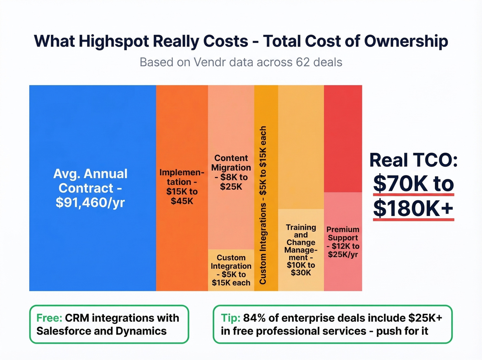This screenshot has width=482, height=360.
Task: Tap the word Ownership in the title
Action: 406,41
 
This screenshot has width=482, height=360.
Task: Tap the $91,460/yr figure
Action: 90,203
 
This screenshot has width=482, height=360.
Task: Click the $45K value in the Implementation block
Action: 182,201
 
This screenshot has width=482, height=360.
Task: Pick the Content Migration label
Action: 231,163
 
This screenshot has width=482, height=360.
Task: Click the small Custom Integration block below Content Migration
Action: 231,270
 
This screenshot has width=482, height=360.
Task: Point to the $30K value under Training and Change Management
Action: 301,273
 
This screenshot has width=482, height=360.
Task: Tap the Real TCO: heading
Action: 413,160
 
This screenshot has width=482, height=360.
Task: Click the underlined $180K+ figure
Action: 413,208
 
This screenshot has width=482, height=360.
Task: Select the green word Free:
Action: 49,318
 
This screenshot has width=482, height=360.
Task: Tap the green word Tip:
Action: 230,318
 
